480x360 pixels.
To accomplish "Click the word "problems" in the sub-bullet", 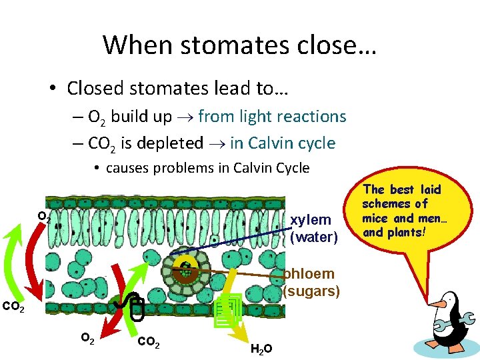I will click(185, 167).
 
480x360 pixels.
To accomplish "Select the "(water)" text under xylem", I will click(314, 236).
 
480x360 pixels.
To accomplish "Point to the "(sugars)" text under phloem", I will click(311, 291).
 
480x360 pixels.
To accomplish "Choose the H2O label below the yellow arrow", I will click(261, 347).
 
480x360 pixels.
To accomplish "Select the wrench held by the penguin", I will click(456, 325).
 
